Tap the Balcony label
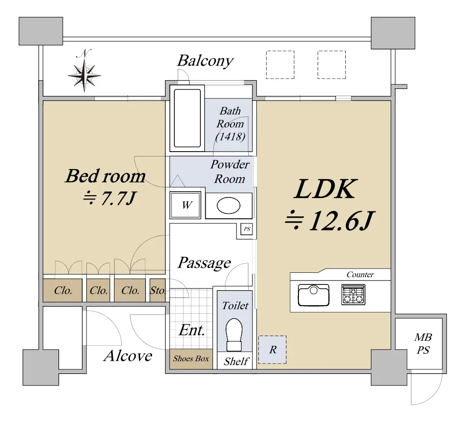[x=205, y=61]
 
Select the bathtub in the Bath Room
[x=187, y=118]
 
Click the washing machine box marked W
[x=185, y=205]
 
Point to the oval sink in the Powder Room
[x=228, y=206]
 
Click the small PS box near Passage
[x=247, y=229]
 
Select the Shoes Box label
[x=191, y=359]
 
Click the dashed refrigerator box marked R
[x=272, y=350]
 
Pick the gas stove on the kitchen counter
[x=353, y=295]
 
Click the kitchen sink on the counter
[x=313, y=295]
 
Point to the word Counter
[x=360, y=275]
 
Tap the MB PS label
[x=423, y=344]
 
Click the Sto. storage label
[x=157, y=290]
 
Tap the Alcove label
[x=128, y=355]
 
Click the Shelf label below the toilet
[x=236, y=361]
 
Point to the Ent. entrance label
[x=192, y=330]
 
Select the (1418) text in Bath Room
[x=230, y=137]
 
